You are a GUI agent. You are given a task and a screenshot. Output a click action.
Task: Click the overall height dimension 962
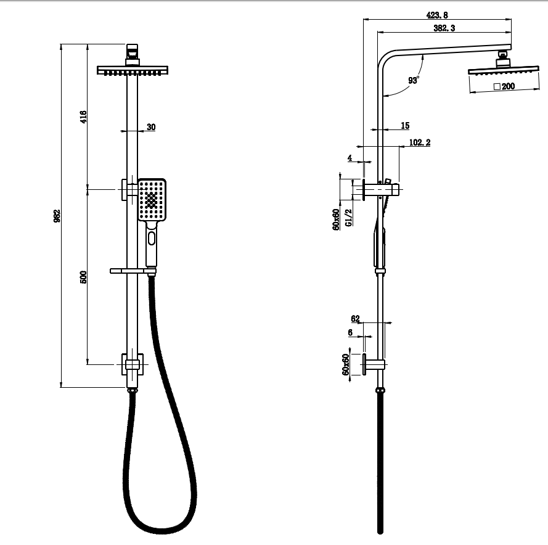point(57,216)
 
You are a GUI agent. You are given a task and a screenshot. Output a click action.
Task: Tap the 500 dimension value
point(83,277)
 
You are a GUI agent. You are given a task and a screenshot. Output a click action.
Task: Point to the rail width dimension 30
point(151,127)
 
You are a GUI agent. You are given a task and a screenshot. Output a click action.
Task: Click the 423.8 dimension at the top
point(436,15)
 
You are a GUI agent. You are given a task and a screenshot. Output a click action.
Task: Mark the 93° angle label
point(413,80)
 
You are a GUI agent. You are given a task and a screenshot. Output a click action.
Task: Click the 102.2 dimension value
point(420,142)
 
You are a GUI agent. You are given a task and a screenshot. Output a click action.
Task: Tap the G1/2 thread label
point(348,218)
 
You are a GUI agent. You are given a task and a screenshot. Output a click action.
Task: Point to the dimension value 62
point(355,319)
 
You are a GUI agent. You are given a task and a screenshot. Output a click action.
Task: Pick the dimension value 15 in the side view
point(405,126)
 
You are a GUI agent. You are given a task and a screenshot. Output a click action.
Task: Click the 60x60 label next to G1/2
point(337,219)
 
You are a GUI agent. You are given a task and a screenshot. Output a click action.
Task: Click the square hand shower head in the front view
point(152,200)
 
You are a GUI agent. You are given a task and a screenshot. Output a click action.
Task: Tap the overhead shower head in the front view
point(133,70)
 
